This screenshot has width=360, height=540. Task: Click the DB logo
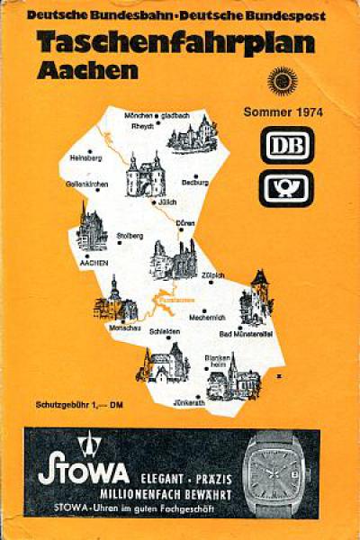287,145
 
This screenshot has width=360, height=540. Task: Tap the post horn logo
287,188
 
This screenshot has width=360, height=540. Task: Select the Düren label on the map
186,220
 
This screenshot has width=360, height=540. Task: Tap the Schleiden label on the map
165,331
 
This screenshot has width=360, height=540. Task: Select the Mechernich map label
207,317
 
